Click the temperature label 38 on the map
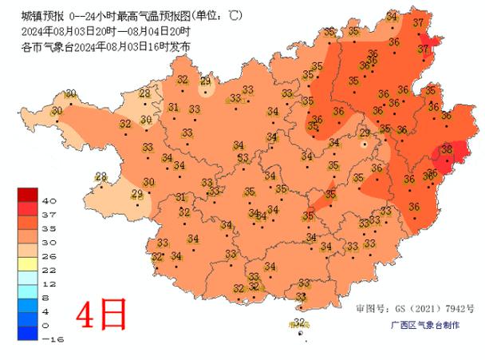click(x=447, y=149)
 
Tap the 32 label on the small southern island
click(x=300, y=322)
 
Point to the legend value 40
click(x=47, y=200)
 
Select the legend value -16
click(x=48, y=338)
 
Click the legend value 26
click(x=47, y=255)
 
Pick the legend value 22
click(x=47, y=270)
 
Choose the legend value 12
click(x=47, y=283)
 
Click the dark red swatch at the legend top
click(x=27, y=194)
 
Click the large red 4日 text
click(x=101, y=315)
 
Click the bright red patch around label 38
click(x=441, y=156)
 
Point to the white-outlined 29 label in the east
click(x=365, y=133)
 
